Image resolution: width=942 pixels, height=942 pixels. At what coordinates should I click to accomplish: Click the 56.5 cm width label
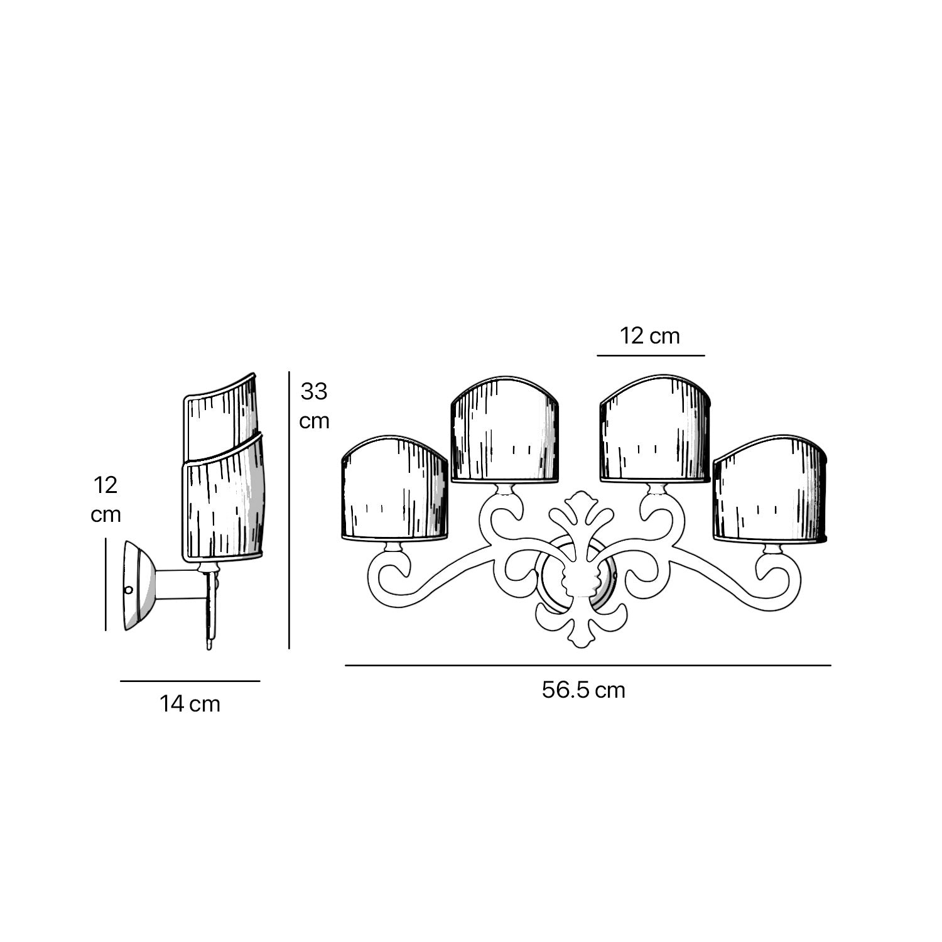pos(583,690)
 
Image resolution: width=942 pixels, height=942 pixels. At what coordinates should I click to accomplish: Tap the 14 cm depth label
pos(190,704)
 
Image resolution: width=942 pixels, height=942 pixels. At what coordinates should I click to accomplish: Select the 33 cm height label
pos(314,406)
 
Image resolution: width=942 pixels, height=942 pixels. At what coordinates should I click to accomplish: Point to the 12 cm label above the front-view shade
pos(650,336)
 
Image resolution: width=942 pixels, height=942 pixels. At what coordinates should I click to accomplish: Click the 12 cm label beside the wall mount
pos(106,500)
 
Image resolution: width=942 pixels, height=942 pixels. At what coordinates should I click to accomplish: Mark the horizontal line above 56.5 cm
pos(588,665)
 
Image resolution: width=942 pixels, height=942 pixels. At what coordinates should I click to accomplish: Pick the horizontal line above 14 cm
pos(190,681)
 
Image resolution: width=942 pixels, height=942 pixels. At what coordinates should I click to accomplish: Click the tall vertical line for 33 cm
pos(289,510)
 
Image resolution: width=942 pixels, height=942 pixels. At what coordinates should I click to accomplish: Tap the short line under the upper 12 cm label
pos(651,355)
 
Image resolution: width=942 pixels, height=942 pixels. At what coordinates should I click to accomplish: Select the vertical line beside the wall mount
pos(106,584)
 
